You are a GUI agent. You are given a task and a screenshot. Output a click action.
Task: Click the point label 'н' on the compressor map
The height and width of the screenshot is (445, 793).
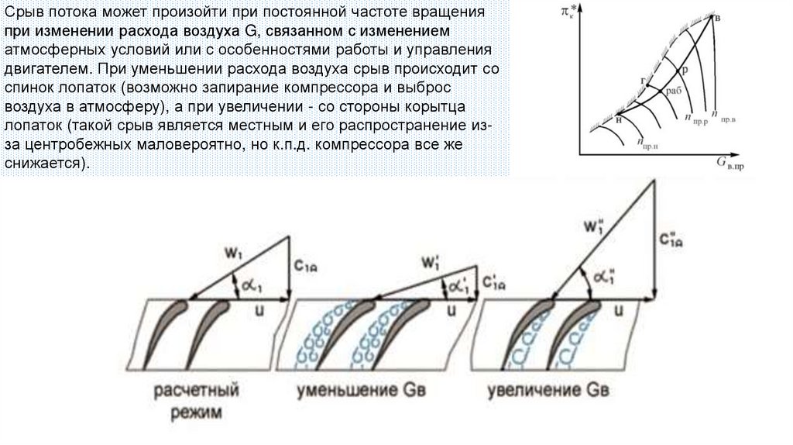(618, 121)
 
